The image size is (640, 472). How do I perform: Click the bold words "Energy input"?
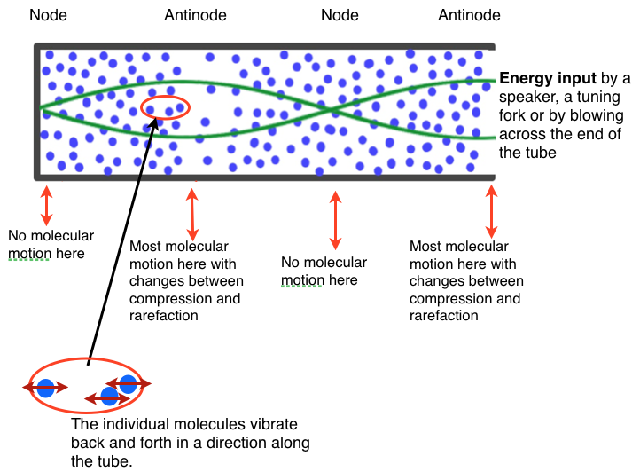click(542, 78)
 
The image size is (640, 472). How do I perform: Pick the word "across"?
click(521, 134)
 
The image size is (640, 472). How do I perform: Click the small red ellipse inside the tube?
click(165, 107)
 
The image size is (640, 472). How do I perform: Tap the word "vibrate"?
click(273, 424)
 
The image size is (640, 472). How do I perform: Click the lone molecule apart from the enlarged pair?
click(45, 388)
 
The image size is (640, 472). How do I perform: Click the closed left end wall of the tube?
click(36, 111)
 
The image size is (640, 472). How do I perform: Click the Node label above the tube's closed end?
click(48, 15)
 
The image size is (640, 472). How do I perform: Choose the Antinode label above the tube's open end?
click(469, 15)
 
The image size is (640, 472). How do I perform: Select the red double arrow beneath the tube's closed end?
click(46, 205)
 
